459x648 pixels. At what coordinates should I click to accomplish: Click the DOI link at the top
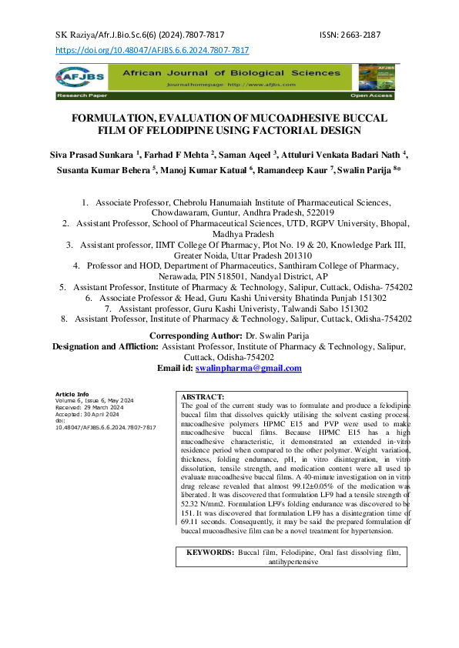(152, 50)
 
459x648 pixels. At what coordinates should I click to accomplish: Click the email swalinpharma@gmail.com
(248, 369)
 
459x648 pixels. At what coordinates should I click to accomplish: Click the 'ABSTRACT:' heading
(202, 396)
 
